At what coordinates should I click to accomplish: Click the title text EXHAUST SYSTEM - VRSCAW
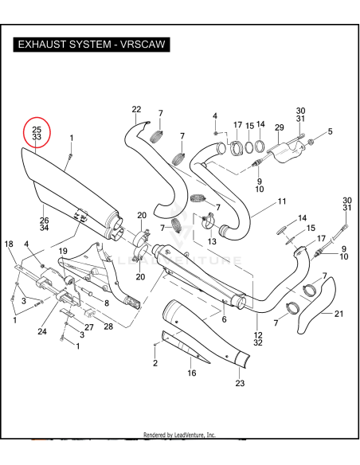point(91,45)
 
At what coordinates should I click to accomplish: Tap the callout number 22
point(136,109)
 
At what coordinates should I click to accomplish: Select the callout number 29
point(279,127)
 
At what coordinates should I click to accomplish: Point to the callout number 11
point(281,202)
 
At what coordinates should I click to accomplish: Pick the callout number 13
point(212,241)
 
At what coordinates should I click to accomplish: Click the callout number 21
point(338,314)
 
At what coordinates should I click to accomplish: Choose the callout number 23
point(241,384)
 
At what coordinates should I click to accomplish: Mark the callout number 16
point(191,373)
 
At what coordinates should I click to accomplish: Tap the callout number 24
point(41,331)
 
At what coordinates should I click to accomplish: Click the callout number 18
point(9,244)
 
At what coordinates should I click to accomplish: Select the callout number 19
point(61,251)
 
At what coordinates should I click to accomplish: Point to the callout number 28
point(108,326)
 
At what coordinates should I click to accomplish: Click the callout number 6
point(224,319)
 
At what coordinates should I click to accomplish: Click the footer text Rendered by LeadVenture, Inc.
point(179,436)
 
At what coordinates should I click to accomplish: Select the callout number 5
point(330,131)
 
